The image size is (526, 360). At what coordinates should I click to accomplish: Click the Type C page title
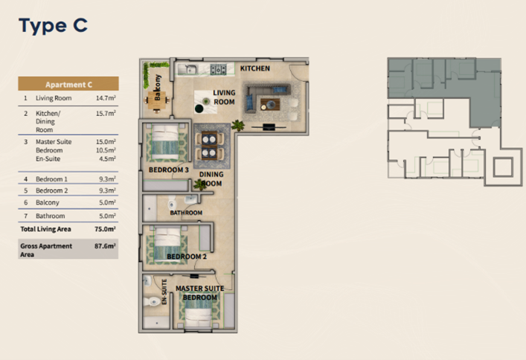click(x=53, y=26)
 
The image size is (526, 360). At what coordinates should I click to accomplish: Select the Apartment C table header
click(x=68, y=84)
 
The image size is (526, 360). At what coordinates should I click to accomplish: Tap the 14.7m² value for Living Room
click(x=106, y=98)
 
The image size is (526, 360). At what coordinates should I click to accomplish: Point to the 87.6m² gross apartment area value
click(x=105, y=246)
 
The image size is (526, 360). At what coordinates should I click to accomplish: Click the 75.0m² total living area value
click(x=105, y=229)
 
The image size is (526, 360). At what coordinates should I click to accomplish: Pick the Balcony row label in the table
click(x=48, y=202)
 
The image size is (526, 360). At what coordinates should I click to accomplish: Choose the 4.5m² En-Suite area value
click(x=107, y=158)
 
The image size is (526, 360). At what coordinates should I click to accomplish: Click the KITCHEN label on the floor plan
click(x=255, y=68)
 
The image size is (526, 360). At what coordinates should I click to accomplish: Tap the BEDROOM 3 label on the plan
click(x=169, y=170)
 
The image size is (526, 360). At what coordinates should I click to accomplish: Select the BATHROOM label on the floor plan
click(x=186, y=213)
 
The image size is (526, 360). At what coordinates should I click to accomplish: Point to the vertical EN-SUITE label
click(x=164, y=292)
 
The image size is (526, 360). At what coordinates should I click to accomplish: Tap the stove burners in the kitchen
click(x=219, y=69)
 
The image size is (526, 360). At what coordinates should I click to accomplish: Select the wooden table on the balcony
click(x=157, y=100)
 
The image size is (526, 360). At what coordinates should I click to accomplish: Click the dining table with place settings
click(x=210, y=146)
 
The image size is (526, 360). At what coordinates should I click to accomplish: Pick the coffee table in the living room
click(x=270, y=105)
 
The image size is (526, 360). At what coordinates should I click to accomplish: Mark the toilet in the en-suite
click(x=152, y=301)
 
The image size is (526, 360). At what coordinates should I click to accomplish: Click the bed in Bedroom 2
click(x=167, y=245)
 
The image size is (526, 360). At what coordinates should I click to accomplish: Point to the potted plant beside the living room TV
click(x=238, y=125)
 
